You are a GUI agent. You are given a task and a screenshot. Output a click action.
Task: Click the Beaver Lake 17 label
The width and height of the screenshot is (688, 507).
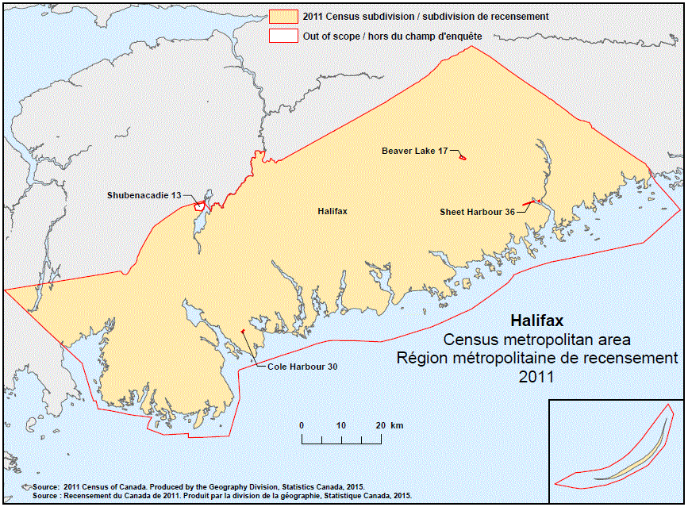pos(414,151)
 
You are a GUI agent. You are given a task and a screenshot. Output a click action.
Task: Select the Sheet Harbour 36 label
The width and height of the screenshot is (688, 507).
pos(477,212)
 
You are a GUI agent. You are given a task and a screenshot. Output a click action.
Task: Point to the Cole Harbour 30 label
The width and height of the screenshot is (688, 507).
pos(302,367)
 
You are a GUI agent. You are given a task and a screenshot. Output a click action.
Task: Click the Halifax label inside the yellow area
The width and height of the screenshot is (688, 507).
pos(332,212)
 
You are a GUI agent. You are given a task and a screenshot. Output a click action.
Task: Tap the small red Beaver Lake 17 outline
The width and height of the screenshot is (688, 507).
pos(462,157)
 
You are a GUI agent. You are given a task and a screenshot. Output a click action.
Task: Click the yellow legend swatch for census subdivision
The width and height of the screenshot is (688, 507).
pos(283,17)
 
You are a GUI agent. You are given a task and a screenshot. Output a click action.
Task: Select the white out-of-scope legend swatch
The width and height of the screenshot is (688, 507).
pos(283,36)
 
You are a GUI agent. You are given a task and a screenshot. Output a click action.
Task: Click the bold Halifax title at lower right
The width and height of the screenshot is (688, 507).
pos(536,322)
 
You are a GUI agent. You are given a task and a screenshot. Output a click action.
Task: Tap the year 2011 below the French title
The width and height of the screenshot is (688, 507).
pos(536,378)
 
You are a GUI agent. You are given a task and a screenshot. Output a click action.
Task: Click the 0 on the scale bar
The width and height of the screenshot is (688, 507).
pos(302,426)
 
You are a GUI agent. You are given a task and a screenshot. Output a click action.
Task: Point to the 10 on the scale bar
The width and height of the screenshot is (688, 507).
pos(341,426)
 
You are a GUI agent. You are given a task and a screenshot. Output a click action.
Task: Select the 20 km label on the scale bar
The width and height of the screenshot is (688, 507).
pos(389,426)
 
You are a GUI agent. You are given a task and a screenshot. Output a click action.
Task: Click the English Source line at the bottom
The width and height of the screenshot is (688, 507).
pos(198,486)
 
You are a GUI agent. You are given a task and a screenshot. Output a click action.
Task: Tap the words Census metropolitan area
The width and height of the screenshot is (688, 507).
pos(537,340)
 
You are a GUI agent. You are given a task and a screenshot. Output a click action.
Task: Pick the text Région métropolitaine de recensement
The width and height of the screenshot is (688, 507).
pos(537,359)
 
